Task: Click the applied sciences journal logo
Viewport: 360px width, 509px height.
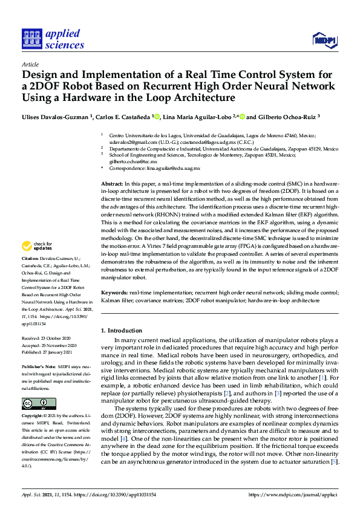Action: click(53, 37)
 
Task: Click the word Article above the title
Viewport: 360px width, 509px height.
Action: click(30, 63)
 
